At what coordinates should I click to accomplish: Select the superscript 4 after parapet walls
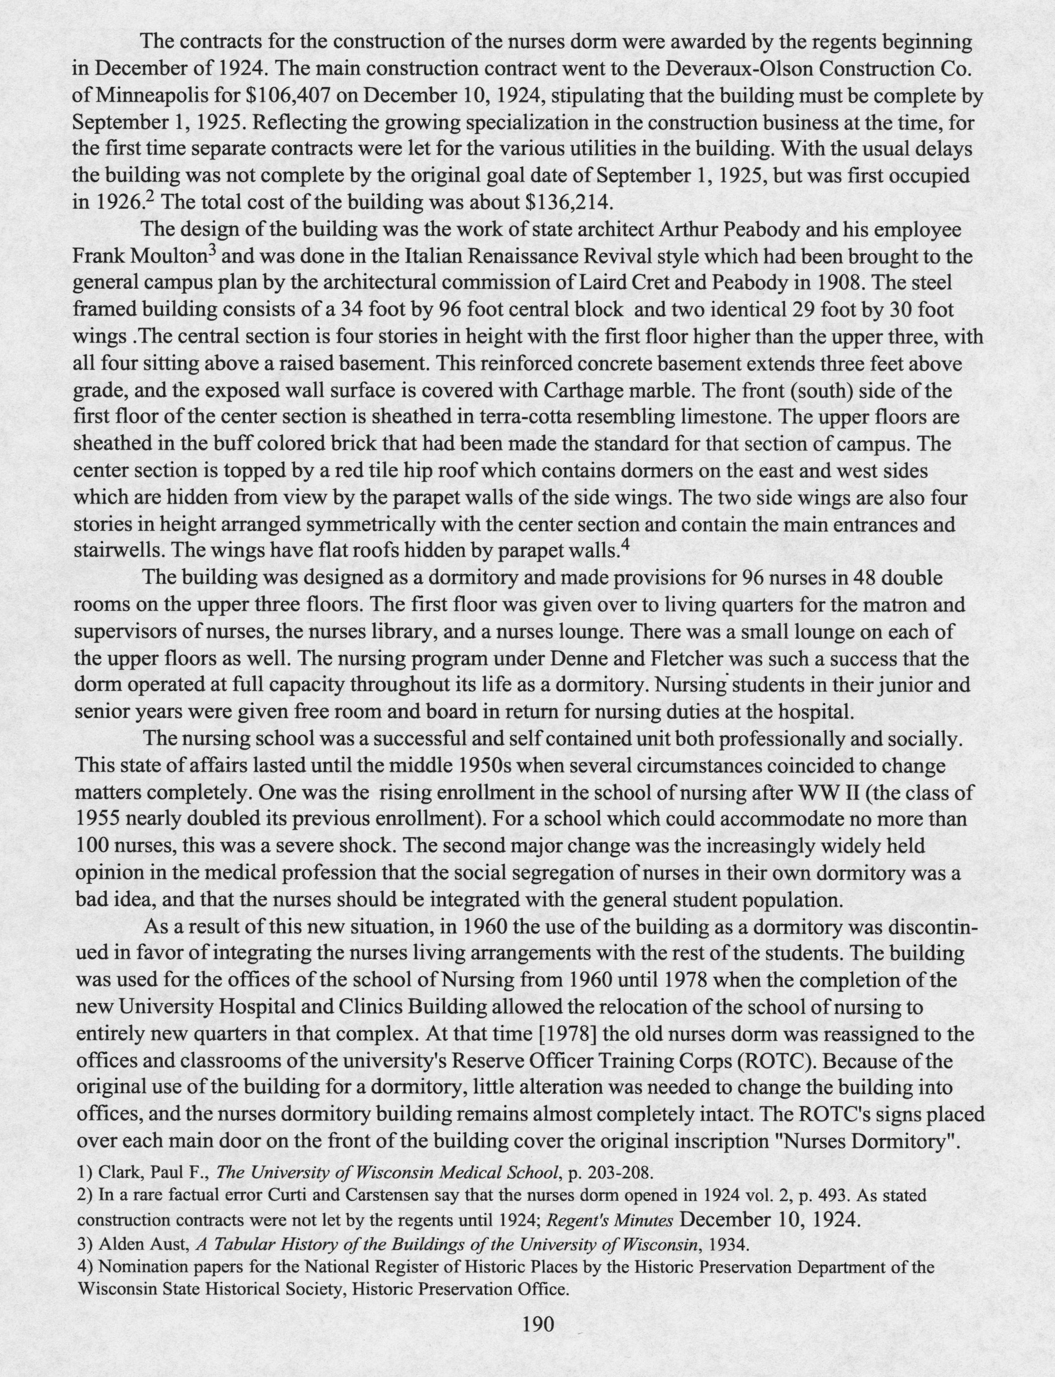[624, 547]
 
